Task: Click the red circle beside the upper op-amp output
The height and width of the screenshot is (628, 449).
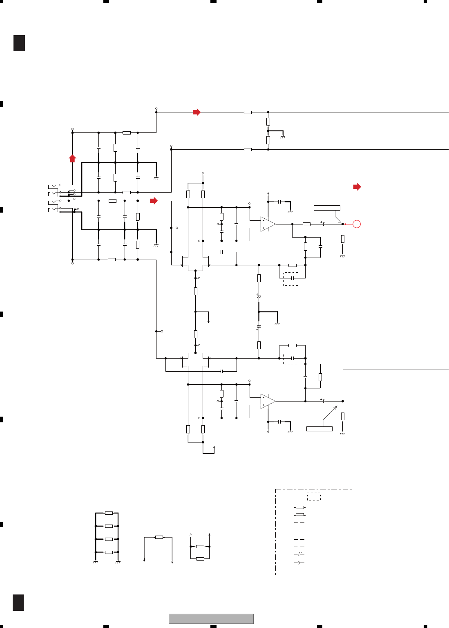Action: click(x=357, y=224)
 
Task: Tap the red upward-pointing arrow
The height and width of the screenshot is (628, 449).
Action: click(x=72, y=158)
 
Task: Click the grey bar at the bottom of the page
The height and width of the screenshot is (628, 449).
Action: click(x=211, y=619)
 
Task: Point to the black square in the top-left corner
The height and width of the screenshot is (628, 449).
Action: click(x=19, y=43)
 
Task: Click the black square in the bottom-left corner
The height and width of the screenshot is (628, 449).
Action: click(x=18, y=603)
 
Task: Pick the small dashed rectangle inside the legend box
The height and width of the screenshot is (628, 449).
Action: click(x=314, y=497)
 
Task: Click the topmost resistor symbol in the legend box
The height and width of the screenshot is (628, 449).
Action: click(x=299, y=507)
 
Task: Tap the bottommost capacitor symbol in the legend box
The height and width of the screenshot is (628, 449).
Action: click(x=299, y=563)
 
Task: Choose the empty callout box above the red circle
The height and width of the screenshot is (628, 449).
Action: click(x=327, y=208)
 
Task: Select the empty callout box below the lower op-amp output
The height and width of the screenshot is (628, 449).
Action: click(x=319, y=428)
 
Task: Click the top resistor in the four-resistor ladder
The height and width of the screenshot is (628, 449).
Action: click(x=109, y=513)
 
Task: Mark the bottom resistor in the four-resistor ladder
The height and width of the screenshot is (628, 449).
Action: click(x=109, y=552)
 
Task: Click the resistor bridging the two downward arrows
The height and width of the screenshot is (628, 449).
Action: click(x=159, y=537)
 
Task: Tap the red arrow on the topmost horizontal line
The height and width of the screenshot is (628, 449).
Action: click(x=197, y=112)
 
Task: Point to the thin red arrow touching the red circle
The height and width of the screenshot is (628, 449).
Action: click(x=348, y=224)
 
